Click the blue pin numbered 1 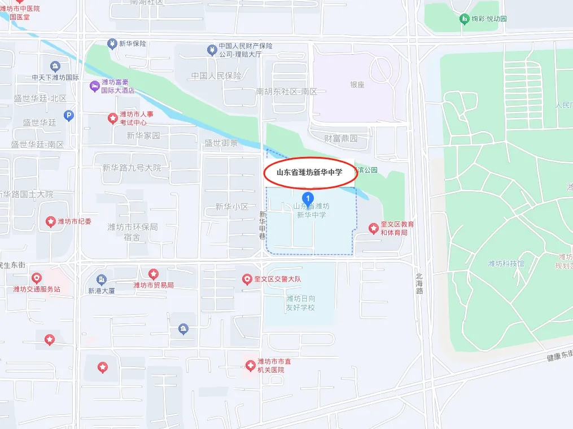click(x=308, y=198)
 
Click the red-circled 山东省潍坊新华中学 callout click(x=309, y=173)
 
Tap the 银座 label click(x=357, y=85)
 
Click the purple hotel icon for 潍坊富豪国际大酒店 click(x=94, y=86)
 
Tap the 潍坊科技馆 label click(x=506, y=264)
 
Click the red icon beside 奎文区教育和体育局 click(x=373, y=228)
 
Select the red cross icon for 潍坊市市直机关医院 click(x=250, y=366)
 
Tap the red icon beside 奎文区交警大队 click(x=247, y=279)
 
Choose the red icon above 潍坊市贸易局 click(x=153, y=274)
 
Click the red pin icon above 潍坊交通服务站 click(x=37, y=278)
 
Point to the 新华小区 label click(x=231, y=207)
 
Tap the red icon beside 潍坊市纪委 click(x=50, y=221)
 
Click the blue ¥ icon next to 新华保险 click(x=112, y=43)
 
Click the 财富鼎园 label click(x=340, y=138)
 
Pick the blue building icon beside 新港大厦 click(x=101, y=279)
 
